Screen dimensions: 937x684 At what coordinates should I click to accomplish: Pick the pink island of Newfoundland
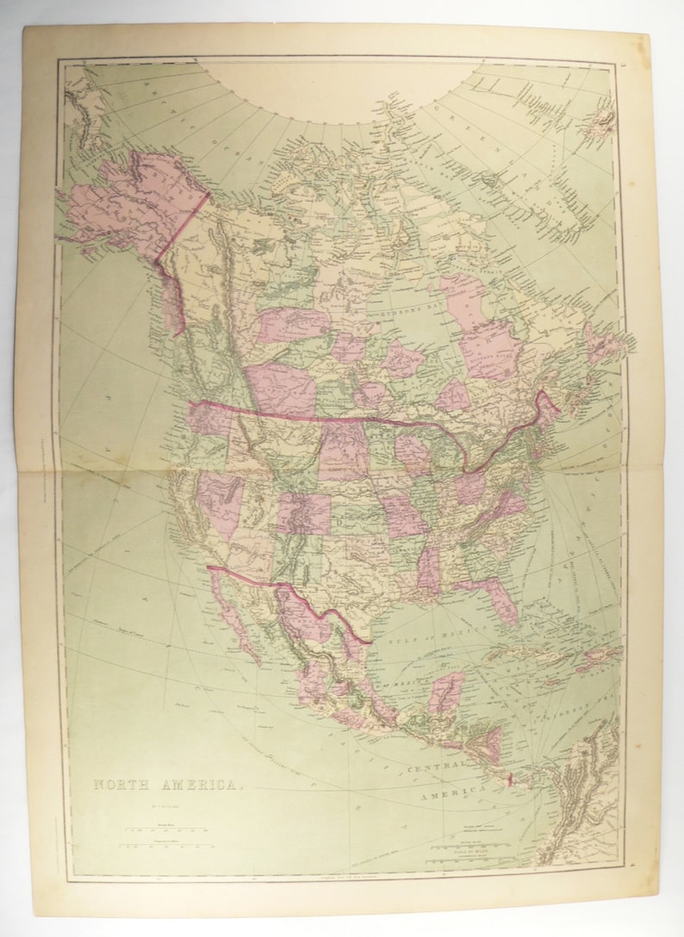601,343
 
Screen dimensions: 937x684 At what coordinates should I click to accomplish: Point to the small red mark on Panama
510,780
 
